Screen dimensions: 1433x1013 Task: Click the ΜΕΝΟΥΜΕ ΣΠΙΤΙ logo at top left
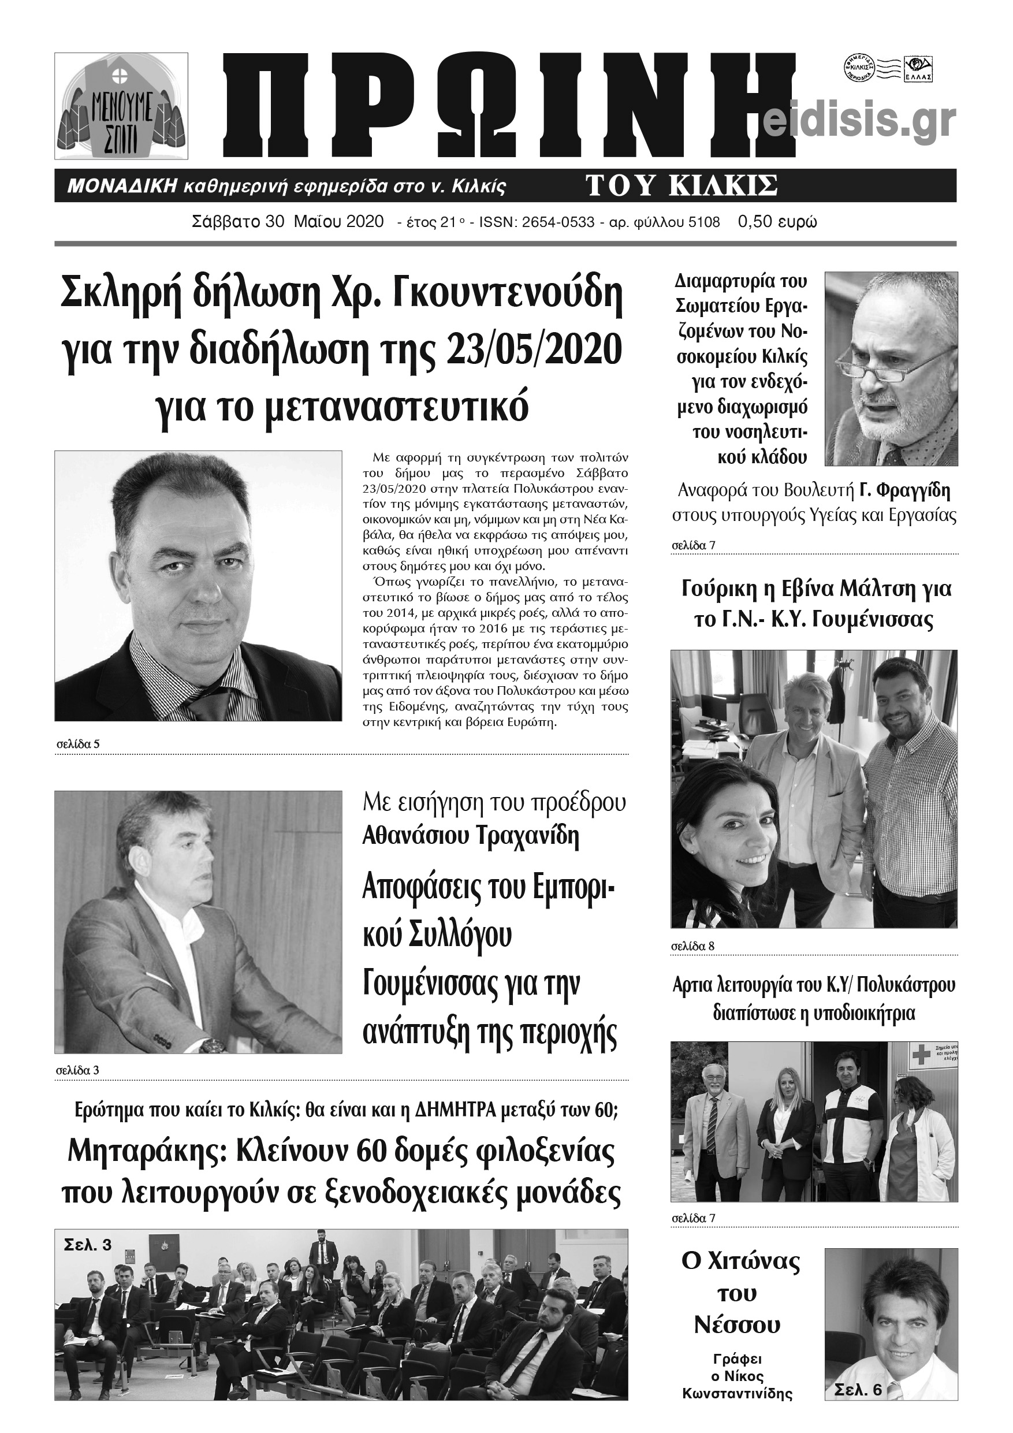(x=121, y=110)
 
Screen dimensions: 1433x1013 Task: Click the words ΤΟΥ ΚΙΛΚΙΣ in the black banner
(x=681, y=185)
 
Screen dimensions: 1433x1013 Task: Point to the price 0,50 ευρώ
(x=777, y=222)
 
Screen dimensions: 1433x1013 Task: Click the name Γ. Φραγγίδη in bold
(x=904, y=491)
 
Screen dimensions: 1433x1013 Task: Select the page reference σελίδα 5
(x=77, y=744)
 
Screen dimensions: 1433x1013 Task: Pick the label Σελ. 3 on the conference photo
(x=88, y=1245)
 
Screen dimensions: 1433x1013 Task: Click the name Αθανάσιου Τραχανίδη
(x=471, y=836)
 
